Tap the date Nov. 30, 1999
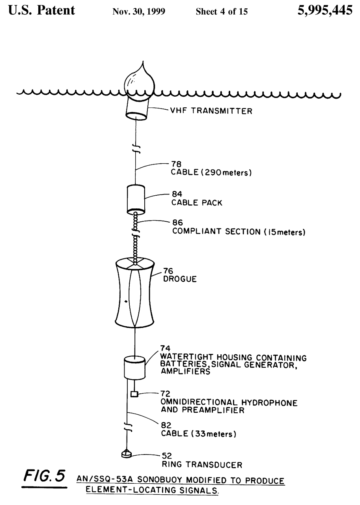[x=139, y=12]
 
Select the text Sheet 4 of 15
[x=222, y=12]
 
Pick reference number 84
[x=177, y=195]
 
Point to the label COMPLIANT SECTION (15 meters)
[x=239, y=232]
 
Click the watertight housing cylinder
[x=134, y=367]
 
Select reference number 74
[x=165, y=348]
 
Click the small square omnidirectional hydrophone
[x=134, y=394]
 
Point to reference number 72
[x=165, y=393]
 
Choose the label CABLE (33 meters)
[x=198, y=434]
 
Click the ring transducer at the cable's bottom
[x=126, y=454]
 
